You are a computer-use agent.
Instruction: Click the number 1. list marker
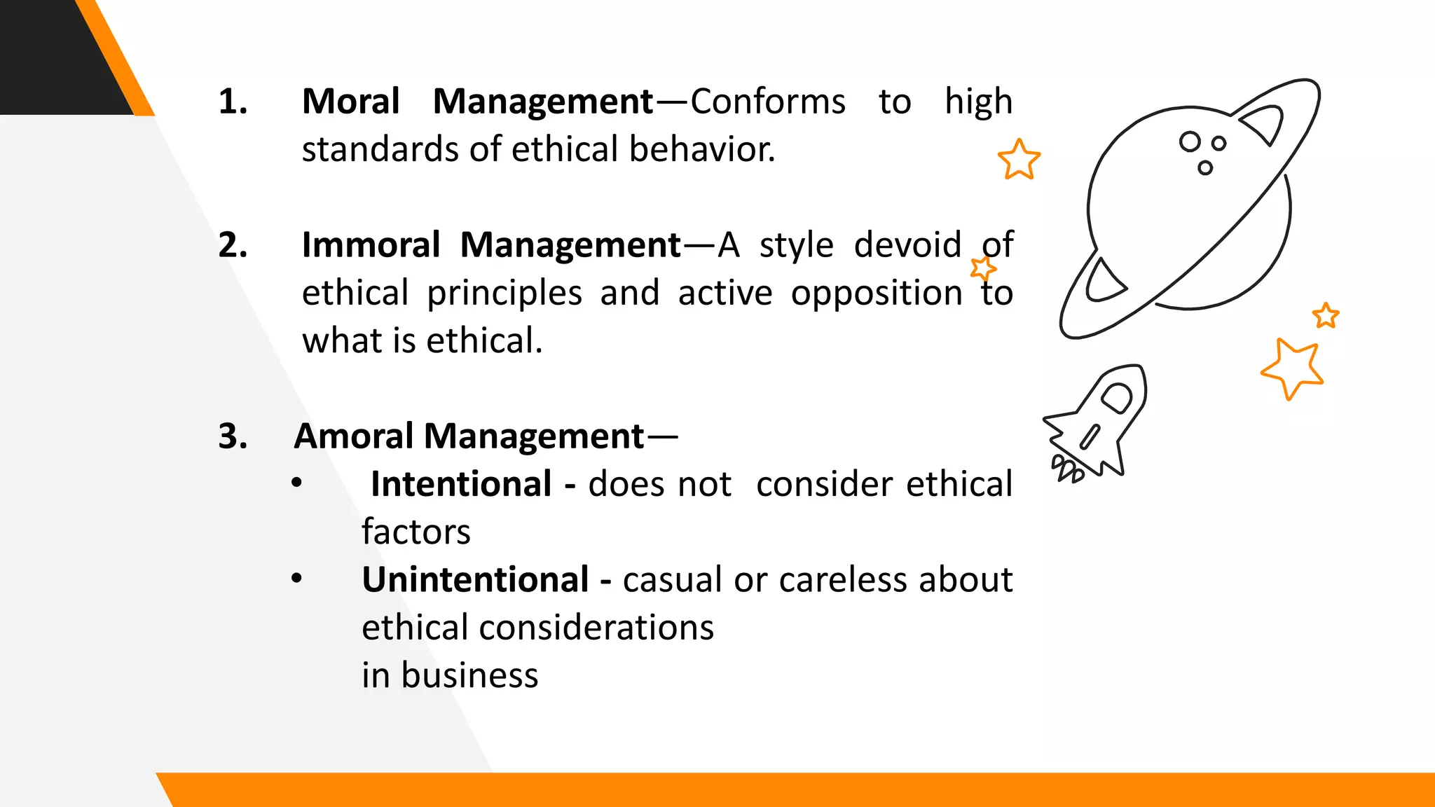[233, 102]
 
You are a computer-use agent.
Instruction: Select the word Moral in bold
[350, 102]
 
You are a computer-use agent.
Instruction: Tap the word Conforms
[768, 102]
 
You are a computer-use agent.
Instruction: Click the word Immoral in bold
[371, 246]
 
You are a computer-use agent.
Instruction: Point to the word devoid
[907, 246]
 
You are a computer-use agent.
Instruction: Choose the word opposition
[877, 294]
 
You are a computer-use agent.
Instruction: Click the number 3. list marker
[233, 437]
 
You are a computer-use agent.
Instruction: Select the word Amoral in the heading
[354, 437]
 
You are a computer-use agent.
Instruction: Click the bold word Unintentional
[475, 580]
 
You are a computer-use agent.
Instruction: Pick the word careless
[845, 580]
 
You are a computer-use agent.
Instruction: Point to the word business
[469, 676]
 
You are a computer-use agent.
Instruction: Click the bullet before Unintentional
[297, 579]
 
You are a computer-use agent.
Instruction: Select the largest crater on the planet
[1190, 142]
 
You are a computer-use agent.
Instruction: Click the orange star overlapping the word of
[982, 268]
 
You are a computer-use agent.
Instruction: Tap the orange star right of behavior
[1019, 160]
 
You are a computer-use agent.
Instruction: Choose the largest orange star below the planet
[1292, 368]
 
